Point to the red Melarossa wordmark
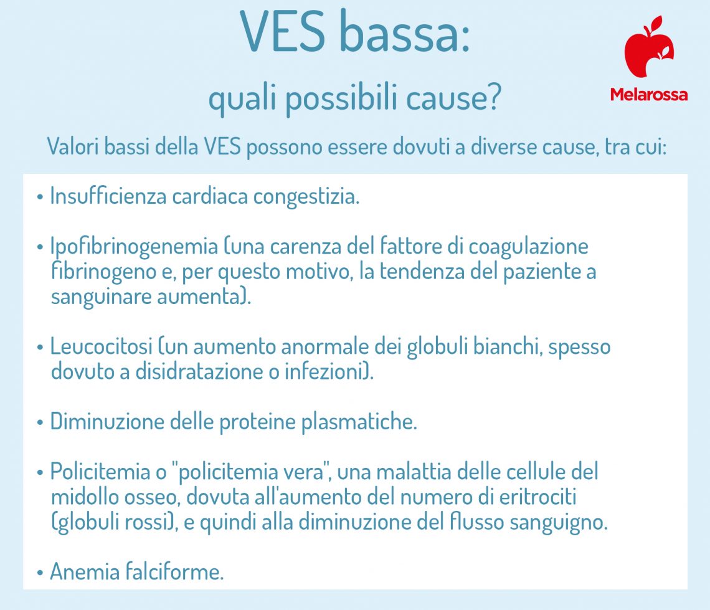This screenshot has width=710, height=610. tap(649, 95)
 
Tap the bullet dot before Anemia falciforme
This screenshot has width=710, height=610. tap(40, 572)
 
